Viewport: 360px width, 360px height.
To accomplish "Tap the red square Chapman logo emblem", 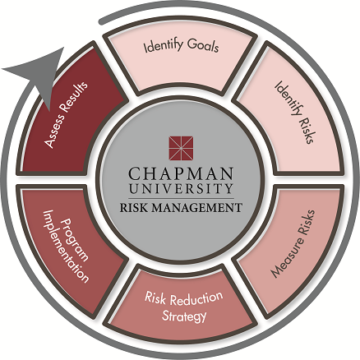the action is click(x=181, y=148).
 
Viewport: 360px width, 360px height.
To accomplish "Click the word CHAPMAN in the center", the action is click(x=181, y=173).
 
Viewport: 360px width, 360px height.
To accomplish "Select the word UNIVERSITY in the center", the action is click(x=181, y=188).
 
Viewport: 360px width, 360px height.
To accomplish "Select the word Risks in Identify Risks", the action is click(x=306, y=130).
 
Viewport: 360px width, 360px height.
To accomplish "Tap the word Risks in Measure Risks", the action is click(x=307, y=222).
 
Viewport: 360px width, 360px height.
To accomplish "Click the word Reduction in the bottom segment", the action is click(x=196, y=298).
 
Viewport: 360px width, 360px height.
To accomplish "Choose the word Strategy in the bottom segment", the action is click(x=184, y=316).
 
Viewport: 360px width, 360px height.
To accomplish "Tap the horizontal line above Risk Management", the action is click(x=181, y=198).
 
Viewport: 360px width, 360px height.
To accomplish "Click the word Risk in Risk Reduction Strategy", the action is click(x=155, y=298).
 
